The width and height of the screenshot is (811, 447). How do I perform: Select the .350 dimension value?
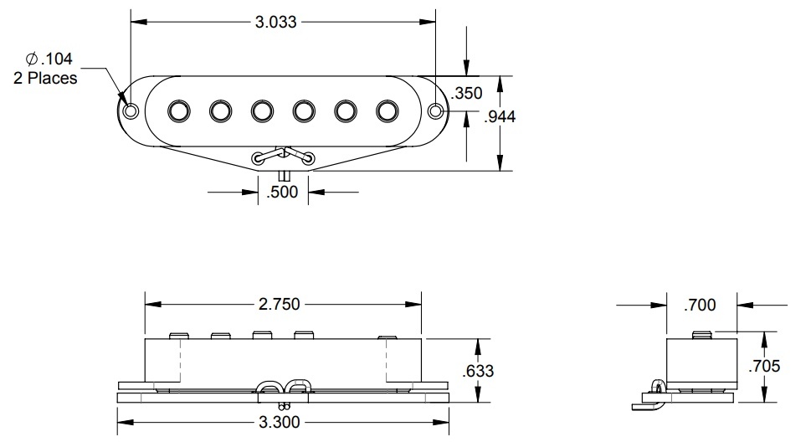pyautogui.click(x=467, y=92)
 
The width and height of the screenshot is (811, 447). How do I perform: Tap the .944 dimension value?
pyautogui.click(x=500, y=116)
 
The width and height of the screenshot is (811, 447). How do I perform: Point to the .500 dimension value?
pyautogui.click(x=282, y=193)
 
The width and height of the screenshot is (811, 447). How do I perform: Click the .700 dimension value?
pyautogui.click(x=700, y=306)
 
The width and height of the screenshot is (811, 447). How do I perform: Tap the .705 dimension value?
pyautogui.click(x=765, y=365)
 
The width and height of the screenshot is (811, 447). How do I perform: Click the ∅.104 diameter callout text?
pyautogui.click(x=50, y=59)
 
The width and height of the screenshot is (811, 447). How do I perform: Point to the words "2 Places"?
pyautogui.click(x=46, y=78)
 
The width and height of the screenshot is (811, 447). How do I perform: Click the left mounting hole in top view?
pyautogui.click(x=131, y=110)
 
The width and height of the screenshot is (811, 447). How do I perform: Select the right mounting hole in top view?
pyautogui.click(x=436, y=110)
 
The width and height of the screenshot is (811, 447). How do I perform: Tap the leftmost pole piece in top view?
pyautogui.click(x=179, y=110)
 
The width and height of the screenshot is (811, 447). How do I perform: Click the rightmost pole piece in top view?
pyautogui.click(x=387, y=110)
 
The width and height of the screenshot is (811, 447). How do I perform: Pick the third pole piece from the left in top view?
pyautogui.click(x=262, y=110)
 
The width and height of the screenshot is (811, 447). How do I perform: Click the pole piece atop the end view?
pyautogui.click(x=704, y=335)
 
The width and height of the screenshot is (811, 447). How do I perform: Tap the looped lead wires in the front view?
pyautogui.click(x=285, y=387)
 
